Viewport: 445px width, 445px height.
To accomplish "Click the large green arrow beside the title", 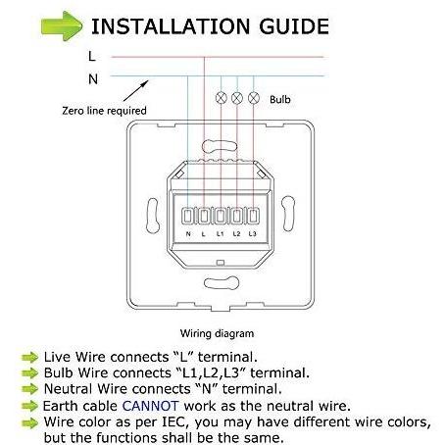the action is [62, 25].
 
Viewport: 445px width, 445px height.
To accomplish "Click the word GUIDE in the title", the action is [294, 26].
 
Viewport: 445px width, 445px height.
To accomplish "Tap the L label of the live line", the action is [92, 56].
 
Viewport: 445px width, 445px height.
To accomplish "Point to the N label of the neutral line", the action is [93, 79].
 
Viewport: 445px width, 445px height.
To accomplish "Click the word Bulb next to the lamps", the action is [280, 99].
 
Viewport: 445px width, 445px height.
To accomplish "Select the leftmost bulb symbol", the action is [222, 98].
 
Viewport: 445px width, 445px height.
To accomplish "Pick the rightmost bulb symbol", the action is [254, 98].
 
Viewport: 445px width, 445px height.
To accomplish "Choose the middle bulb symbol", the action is [237, 98].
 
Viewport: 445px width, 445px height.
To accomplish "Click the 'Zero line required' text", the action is [104, 111].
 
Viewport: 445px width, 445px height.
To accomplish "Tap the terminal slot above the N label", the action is [187, 217].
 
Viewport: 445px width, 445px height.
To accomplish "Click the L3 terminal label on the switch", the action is [253, 234].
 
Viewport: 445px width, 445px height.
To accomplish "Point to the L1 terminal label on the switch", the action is [221, 234].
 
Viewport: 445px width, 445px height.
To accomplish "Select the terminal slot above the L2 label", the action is [237, 217].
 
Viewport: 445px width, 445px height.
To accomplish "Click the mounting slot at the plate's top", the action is [220, 146].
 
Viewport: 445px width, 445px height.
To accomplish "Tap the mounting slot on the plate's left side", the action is [153, 216].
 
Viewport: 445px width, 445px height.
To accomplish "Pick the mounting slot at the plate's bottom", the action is [222, 283].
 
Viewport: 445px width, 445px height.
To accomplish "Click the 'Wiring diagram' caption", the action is [217, 333].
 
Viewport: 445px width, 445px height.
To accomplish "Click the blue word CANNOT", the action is [150, 406].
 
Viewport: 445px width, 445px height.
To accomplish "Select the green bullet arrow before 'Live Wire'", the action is [30, 358].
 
